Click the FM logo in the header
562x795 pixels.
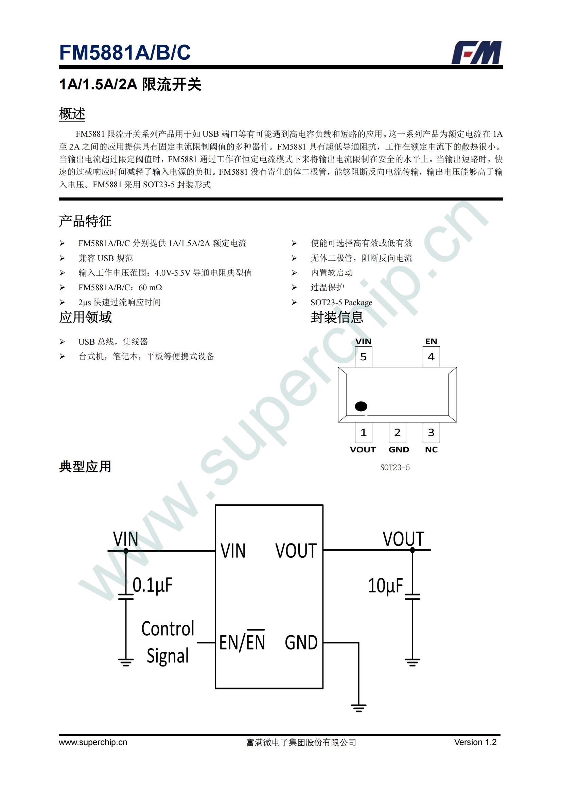(x=476, y=52)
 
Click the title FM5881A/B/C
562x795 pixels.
(x=125, y=52)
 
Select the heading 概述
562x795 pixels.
(x=72, y=114)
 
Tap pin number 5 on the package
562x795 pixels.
(x=363, y=357)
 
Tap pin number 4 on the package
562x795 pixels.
(x=431, y=357)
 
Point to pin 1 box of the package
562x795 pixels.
(x=363, y=432)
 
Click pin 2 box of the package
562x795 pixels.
(x=397, y=432)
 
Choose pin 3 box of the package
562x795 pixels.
(x=431, y=432)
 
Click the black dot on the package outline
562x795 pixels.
(x=361, y=406)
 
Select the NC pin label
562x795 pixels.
(x=431, y=449)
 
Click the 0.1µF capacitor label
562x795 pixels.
(x=153, y=585)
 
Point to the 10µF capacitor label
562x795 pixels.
(x=386, y=586)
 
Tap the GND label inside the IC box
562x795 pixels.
(x=301, y=643)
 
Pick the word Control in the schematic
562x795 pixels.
(x=168, y=628)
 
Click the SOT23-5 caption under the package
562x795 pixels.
(x=395, y=467)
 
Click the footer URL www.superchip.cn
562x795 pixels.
(x=93, y=742)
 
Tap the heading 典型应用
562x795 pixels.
(x=85, y=466)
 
